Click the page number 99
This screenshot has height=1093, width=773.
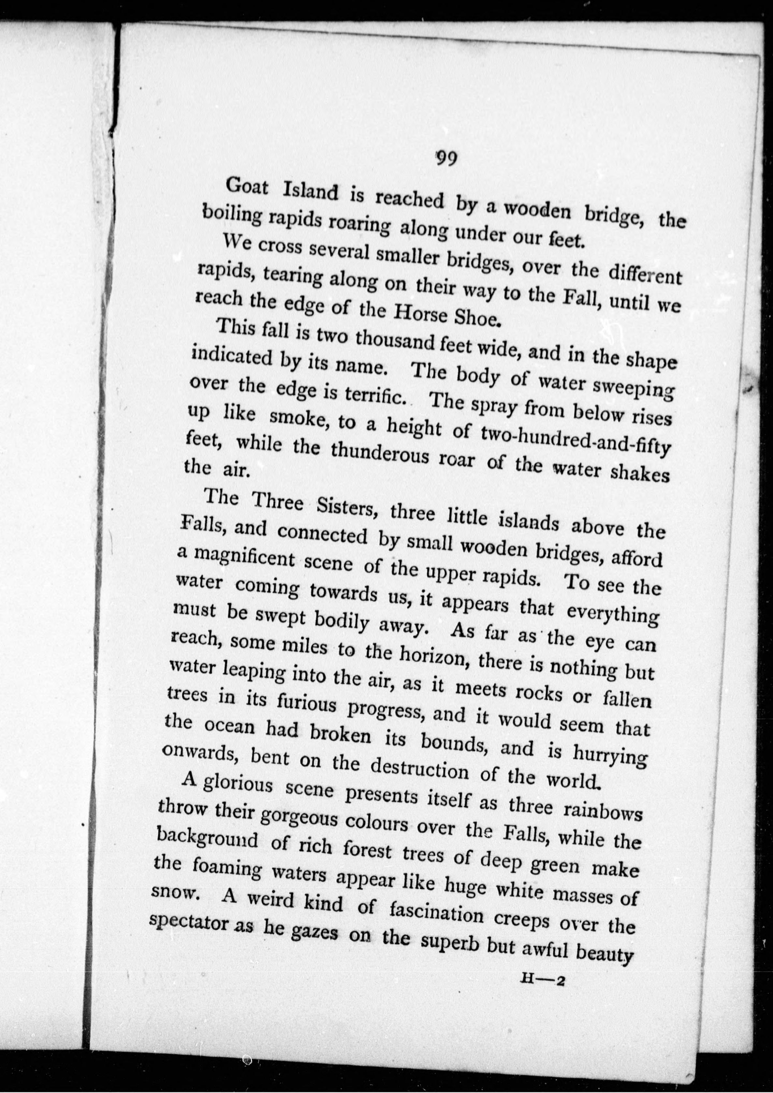pos(446,158)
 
